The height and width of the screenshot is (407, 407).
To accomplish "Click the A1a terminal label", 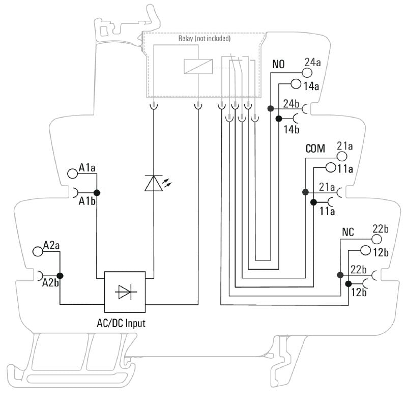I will pos(88,167).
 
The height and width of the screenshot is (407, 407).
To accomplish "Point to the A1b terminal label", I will pos(87,201).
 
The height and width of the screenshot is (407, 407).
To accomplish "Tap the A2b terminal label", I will pos(50,282).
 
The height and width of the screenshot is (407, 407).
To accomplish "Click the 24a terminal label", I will pos(312,63).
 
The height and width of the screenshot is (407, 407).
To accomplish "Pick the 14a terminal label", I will pos(311,86).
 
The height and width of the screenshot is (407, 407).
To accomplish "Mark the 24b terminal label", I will pos(292,104).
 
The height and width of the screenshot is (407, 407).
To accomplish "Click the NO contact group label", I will pos(279,65).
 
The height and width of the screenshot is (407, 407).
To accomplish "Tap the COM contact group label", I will pos(315,149).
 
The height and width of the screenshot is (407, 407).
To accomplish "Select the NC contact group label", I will pos(348,232).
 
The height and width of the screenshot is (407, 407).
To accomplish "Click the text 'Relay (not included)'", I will pos(205,38).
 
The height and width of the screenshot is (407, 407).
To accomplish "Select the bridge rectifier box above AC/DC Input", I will pos(125,292).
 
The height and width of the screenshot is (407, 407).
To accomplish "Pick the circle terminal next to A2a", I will pos(37,251).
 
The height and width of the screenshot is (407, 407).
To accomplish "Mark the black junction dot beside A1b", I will pos(97,192).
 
